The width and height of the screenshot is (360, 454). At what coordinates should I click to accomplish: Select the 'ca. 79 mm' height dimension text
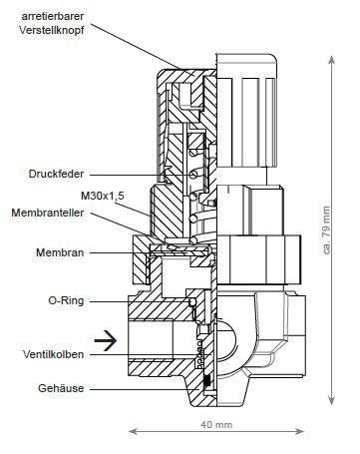click(x=327, y=230)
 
